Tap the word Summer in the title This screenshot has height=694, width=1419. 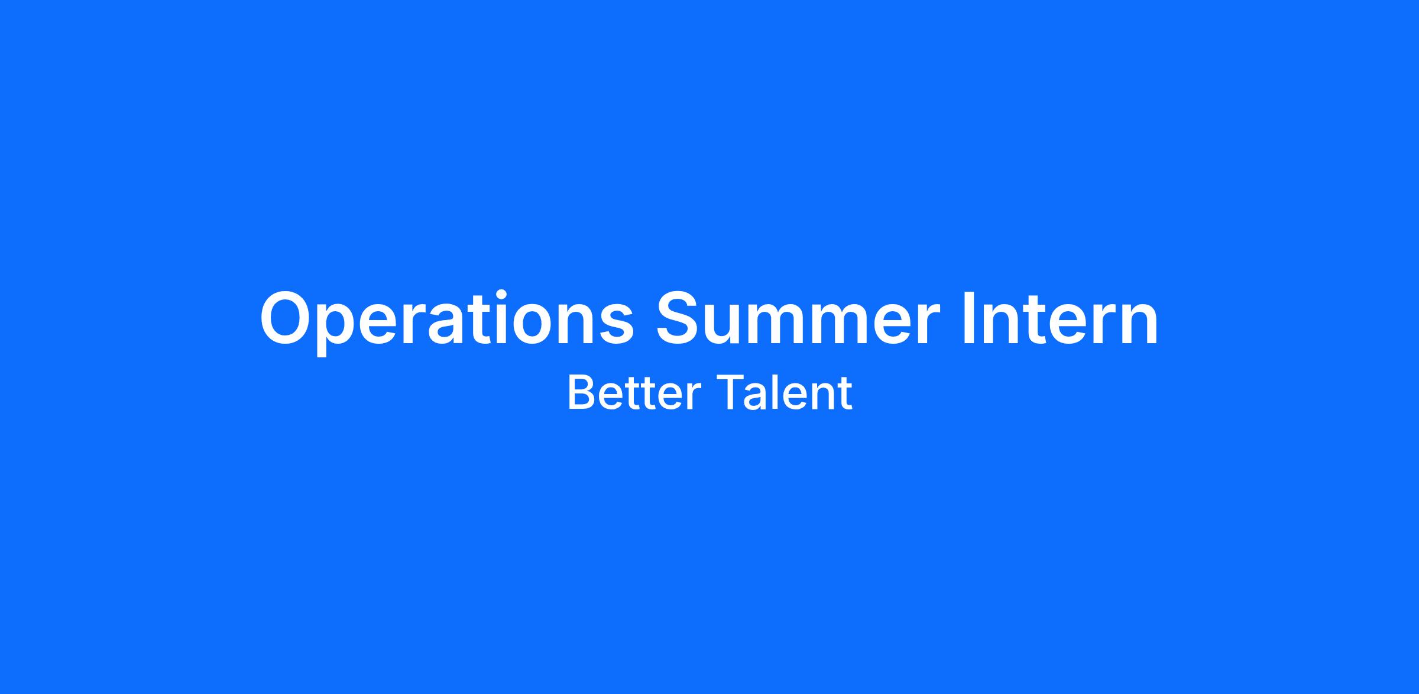coord(798,318)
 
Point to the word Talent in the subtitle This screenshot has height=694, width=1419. coord(785,392)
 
